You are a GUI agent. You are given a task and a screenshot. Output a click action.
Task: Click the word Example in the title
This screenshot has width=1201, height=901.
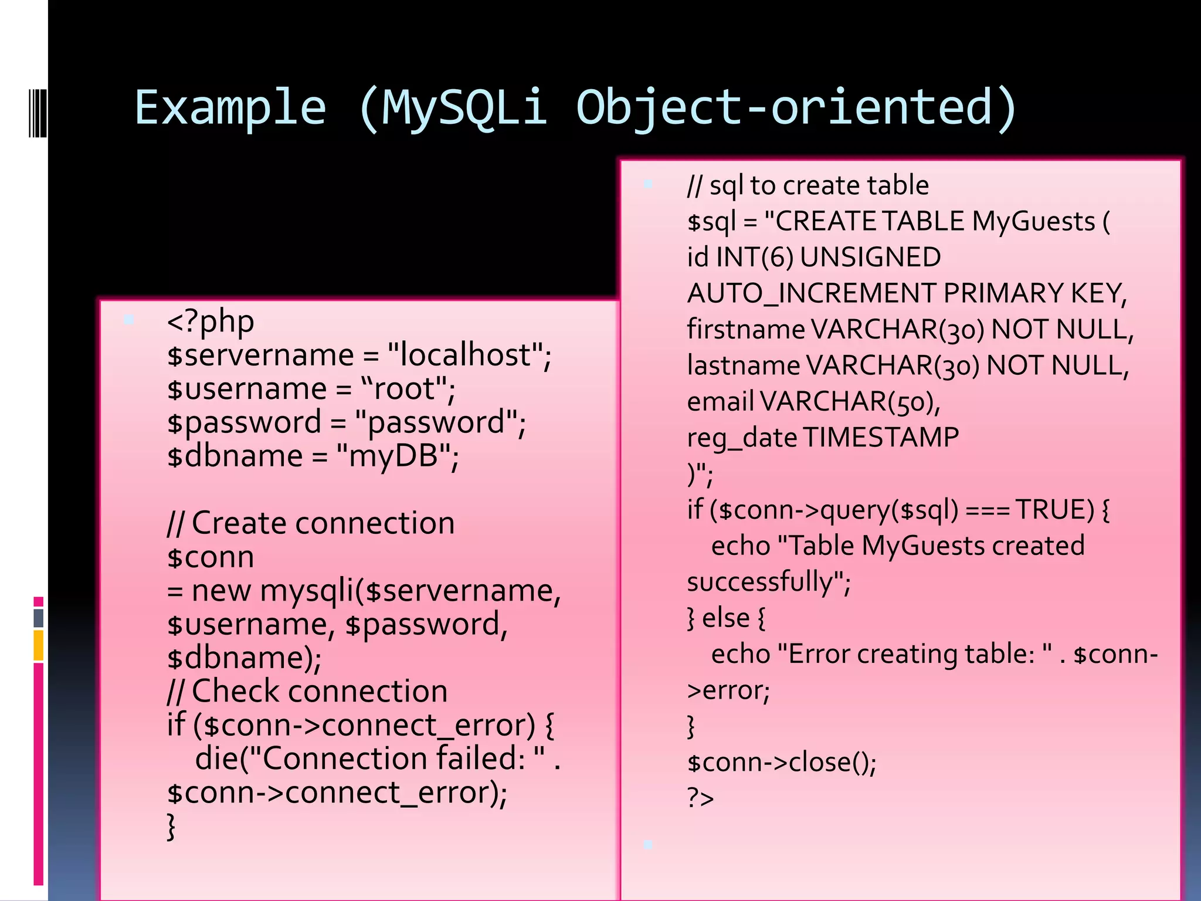click(x=230, y=109)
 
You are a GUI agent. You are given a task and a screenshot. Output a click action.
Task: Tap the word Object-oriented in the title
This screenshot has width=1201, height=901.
click(x=796, y=109)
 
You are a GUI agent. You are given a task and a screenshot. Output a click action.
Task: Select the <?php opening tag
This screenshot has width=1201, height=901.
click(x=210, y=322)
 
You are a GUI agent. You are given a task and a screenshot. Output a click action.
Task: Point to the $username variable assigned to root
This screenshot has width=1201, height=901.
click(x=247, y=389)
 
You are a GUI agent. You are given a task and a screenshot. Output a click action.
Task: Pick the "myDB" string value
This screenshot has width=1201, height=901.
click(x=394, y=456)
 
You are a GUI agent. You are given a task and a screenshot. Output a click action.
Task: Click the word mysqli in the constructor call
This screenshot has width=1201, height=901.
click(x=307, y=591)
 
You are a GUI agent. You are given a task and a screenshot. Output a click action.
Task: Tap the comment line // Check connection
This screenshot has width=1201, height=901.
click(x=307, y=692)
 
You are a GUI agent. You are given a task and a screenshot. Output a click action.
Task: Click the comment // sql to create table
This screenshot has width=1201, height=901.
click(x=808, y=186)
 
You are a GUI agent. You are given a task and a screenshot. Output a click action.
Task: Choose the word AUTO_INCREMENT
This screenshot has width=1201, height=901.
click(x=812, y=293)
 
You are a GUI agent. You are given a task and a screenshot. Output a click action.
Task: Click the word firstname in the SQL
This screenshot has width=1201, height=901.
click(x=745, y=330)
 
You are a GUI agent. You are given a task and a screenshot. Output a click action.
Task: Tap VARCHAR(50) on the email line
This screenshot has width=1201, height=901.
click(x=850, y=402)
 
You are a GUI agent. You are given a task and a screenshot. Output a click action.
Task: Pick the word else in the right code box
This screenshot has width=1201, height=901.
click(x=726, y=618)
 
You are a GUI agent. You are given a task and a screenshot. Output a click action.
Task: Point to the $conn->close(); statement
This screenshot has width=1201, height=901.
click(x=782, y=763)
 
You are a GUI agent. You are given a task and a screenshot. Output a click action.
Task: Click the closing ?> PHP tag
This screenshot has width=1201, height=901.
click(x=700, y=798)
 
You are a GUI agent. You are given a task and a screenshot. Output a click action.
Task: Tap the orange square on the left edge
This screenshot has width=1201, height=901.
click(x=39, y=645)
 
